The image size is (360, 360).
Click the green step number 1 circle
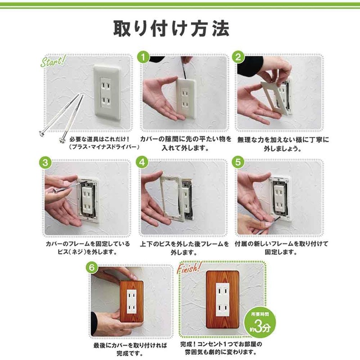tap(143, 57)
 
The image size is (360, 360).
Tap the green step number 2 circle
tap(238, 57)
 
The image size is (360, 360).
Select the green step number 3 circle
tap(45, 162)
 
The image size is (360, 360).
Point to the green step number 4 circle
tap(142, 162)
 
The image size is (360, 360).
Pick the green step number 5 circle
tap(238, 162)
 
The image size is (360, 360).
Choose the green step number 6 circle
tap(92, 267)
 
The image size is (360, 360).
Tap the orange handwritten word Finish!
tap(189, 268)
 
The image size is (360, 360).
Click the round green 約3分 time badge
tap(260, 322)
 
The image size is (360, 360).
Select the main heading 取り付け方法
tap(171, 28)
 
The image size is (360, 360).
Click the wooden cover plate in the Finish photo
tap(222, 299)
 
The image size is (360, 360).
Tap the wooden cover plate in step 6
tap(131, 301)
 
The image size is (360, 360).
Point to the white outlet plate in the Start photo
tap(107, 92)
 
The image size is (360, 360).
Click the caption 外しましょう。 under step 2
tap(283, 148)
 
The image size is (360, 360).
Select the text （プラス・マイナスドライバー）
tap(104, 147)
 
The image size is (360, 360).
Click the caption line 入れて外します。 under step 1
tap(185, 148)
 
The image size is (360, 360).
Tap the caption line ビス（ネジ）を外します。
tap(88, 252)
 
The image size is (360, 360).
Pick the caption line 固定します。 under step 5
tap(281, 252)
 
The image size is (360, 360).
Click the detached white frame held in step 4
tap(172, 196)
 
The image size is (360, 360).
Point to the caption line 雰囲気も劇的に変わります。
tap(220, 352)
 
